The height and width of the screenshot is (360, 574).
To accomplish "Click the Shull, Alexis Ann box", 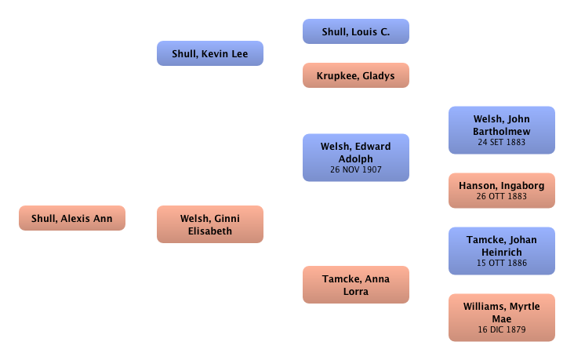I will point(72,217).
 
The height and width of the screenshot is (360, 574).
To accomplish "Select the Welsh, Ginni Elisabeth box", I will point(209,225).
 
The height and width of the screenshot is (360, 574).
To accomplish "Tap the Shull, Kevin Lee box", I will point(209,53).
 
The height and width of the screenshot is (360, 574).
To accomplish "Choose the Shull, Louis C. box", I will point(356,32).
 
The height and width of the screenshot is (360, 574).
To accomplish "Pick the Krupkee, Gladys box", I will point(356,75).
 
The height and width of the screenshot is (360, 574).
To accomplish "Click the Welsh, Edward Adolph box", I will point(356,157).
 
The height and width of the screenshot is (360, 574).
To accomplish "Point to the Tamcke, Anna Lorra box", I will point(356,285).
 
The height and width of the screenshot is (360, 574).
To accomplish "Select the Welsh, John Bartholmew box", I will point(502,130).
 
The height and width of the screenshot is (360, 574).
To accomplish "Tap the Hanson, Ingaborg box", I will point(502,191).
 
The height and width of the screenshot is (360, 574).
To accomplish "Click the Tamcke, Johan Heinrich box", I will point(502,250).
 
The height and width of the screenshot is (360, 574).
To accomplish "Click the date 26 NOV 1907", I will point(356,168).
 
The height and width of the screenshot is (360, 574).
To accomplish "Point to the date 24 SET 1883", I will point(502,143).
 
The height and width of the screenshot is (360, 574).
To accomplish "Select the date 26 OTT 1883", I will point(502,197).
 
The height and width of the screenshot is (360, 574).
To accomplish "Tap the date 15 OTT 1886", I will point(502,263).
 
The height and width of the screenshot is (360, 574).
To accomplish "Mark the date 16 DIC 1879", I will point(502,329).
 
